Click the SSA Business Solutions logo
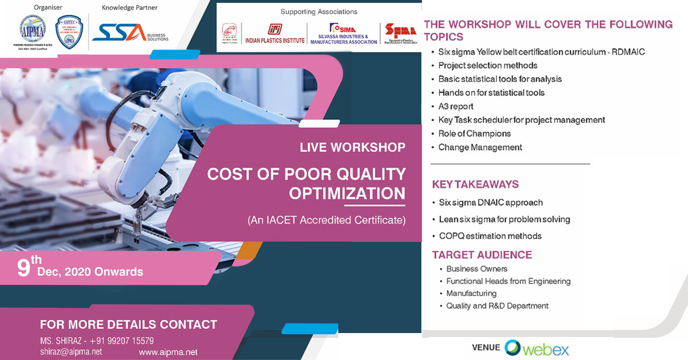[131, 33]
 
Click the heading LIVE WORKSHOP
[352, 147]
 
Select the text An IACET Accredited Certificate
[326, 220]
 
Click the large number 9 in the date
[23, 269]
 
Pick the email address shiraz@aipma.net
[71, 351]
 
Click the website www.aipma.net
[168, 352]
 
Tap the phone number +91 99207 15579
[121, 341]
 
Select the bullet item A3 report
[456, 107]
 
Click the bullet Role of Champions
[474, 134]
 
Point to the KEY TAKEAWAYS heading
[475, 185]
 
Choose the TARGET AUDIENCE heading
[482, 255]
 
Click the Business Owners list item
[476, 269]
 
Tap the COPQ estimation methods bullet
[490, 236]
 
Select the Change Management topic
[480, 147]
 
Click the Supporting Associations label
[319, 11]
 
